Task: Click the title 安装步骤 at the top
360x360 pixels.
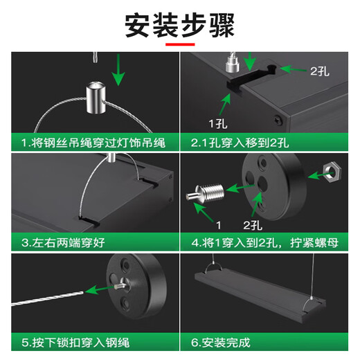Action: pyautogui.click(x=180, y=25)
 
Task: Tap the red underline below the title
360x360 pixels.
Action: pyautogui.click(x=180, y=44)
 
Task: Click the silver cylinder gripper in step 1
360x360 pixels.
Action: pyautogui.click(x=96, y=98)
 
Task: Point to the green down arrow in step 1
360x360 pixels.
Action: pyautogui.click(x=118, y=70)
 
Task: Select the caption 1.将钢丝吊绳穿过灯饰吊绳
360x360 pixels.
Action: pyautogui.click(x=93, y=143)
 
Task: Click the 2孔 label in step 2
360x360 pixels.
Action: pyautogui.click(x=320, y=71)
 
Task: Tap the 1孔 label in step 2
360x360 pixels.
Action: pyautogui.click(x=218, y=124)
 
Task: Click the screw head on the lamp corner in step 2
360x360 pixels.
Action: pyautogui.click(x=279, y=120)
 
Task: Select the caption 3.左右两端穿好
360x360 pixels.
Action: pyautogui.click(x=63, y=243)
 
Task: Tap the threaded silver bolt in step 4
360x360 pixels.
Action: pyautogui.click(x=205, y=193)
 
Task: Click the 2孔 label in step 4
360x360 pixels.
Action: pyautogui.click(x=253, y=225)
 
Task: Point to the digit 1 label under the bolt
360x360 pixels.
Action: pyautogui.click(x=219, y=225)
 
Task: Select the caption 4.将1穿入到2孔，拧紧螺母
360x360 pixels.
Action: pyautogui.click(x=264, y=243)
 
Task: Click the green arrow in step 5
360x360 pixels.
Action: pyautogui.click(x=99, y=290)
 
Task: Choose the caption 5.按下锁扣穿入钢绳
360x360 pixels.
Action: pyautogui.click(x=75, y=343)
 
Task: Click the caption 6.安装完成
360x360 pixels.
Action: pyautogui.click(x=221, y=343)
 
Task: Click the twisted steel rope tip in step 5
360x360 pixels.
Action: pyautogui.click(x=83, y=293)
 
